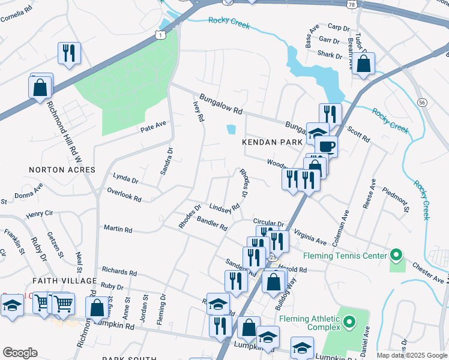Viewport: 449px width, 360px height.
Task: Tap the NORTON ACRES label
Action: (x=62, y=170)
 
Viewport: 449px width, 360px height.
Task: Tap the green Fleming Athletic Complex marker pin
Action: (x=350, y=327)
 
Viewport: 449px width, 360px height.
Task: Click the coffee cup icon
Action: (x=326, y=146)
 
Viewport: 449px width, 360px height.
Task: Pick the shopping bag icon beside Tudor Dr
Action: (x=364, y=64)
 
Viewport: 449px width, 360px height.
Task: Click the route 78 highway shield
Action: (x=351, y=4)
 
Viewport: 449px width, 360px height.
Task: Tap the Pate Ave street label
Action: (x=152, y=126)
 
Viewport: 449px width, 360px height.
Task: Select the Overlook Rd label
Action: (x=124, y=194)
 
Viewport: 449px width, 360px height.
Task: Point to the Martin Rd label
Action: (x=118, y=228)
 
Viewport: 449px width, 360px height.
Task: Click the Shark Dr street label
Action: (x=330, y=56)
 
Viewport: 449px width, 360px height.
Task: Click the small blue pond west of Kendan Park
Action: (x=231, y=129)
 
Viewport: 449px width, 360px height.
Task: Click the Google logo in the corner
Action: (x=20, y=352)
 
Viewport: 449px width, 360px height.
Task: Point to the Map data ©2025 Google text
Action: (x=411, y=355)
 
